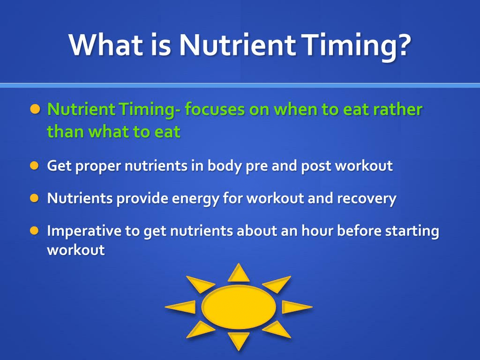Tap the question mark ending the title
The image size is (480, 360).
click(x=401, y=45)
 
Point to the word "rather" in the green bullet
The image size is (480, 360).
click(x=398, y=110)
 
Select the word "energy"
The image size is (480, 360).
click(x=195, y=198)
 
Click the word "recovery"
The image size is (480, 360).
click(x=367, y=198)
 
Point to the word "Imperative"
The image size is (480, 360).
click(x=84, y=231)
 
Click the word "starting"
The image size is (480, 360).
click(x=412, y=231)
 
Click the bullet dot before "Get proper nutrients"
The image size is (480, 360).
click(x=34, y=165)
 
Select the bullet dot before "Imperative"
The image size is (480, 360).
click(x=34, y=231)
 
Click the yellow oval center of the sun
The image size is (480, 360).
click(x=239, y=307)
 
